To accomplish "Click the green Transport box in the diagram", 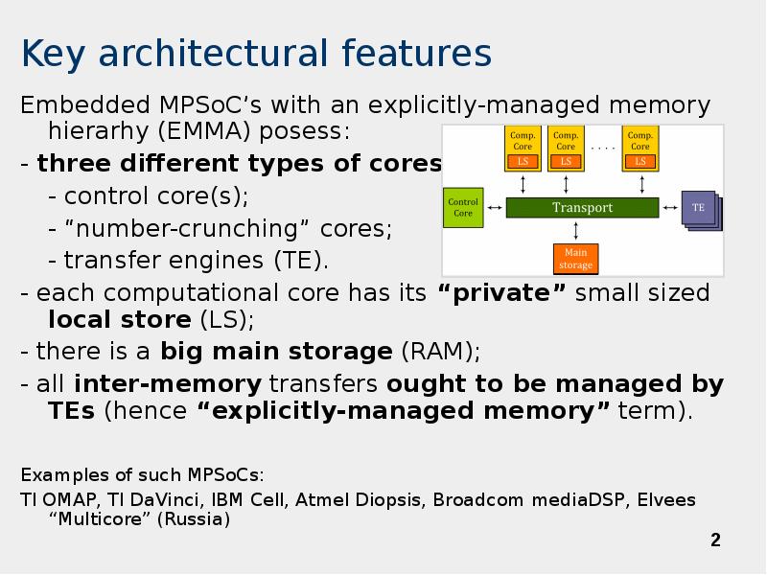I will point(582,207).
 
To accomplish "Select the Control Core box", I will point(463,207).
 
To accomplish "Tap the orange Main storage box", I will point(575,258).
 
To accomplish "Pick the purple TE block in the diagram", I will point(699,208).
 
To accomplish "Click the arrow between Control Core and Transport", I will point(495,207).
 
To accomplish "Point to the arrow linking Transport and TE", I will point(670,207).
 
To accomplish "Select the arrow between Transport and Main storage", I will point(575,230).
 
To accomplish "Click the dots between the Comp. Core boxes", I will point(603,147).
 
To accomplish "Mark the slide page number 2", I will point(715,540).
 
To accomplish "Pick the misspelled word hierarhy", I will point(95,129).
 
